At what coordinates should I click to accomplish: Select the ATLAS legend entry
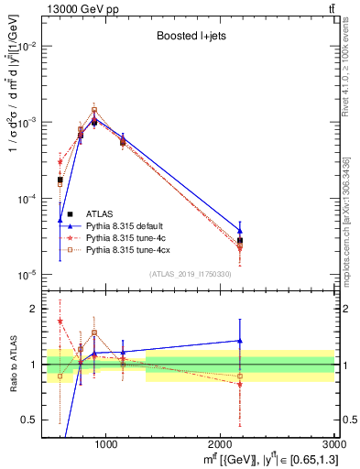(103, 213)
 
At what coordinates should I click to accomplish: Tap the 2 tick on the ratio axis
(33, 309)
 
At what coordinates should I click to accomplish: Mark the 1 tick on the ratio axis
(33, 365)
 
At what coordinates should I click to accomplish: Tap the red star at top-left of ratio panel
(60, 321)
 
